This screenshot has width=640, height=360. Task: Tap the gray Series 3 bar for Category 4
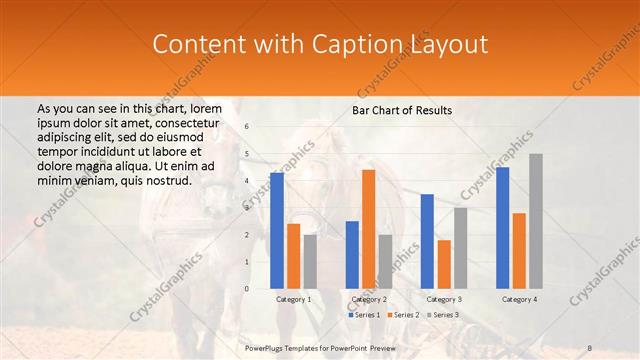click(536, 221)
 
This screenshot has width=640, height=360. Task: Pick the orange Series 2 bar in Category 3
click(444, 264)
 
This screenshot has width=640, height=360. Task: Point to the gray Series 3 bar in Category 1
click(310, 262)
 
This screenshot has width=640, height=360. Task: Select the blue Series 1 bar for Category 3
click(427, 241)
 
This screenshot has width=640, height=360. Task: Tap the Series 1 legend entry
click(364, 315)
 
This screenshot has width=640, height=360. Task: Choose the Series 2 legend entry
click(402, 315)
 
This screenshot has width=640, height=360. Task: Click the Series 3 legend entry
click(441, 315)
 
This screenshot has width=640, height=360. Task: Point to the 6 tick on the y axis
click(246, 127)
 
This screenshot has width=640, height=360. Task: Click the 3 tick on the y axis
click(246, 208)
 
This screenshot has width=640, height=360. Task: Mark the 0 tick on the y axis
click(246, 289)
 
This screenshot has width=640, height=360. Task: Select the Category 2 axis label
click(369, 299)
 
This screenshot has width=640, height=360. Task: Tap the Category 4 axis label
click(519, 299)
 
